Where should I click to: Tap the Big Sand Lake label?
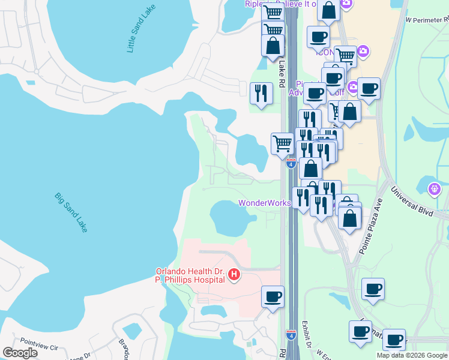71,212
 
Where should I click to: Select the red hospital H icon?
235,275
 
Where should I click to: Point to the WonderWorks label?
264,203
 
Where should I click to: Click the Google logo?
20,353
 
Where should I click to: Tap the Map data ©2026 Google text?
411,355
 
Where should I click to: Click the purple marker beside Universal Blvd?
435,190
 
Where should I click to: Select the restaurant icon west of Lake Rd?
261,93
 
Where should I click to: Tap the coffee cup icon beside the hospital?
273,296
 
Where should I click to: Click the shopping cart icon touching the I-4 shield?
283,143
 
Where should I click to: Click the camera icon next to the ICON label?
363,51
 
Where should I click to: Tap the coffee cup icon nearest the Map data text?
394,340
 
